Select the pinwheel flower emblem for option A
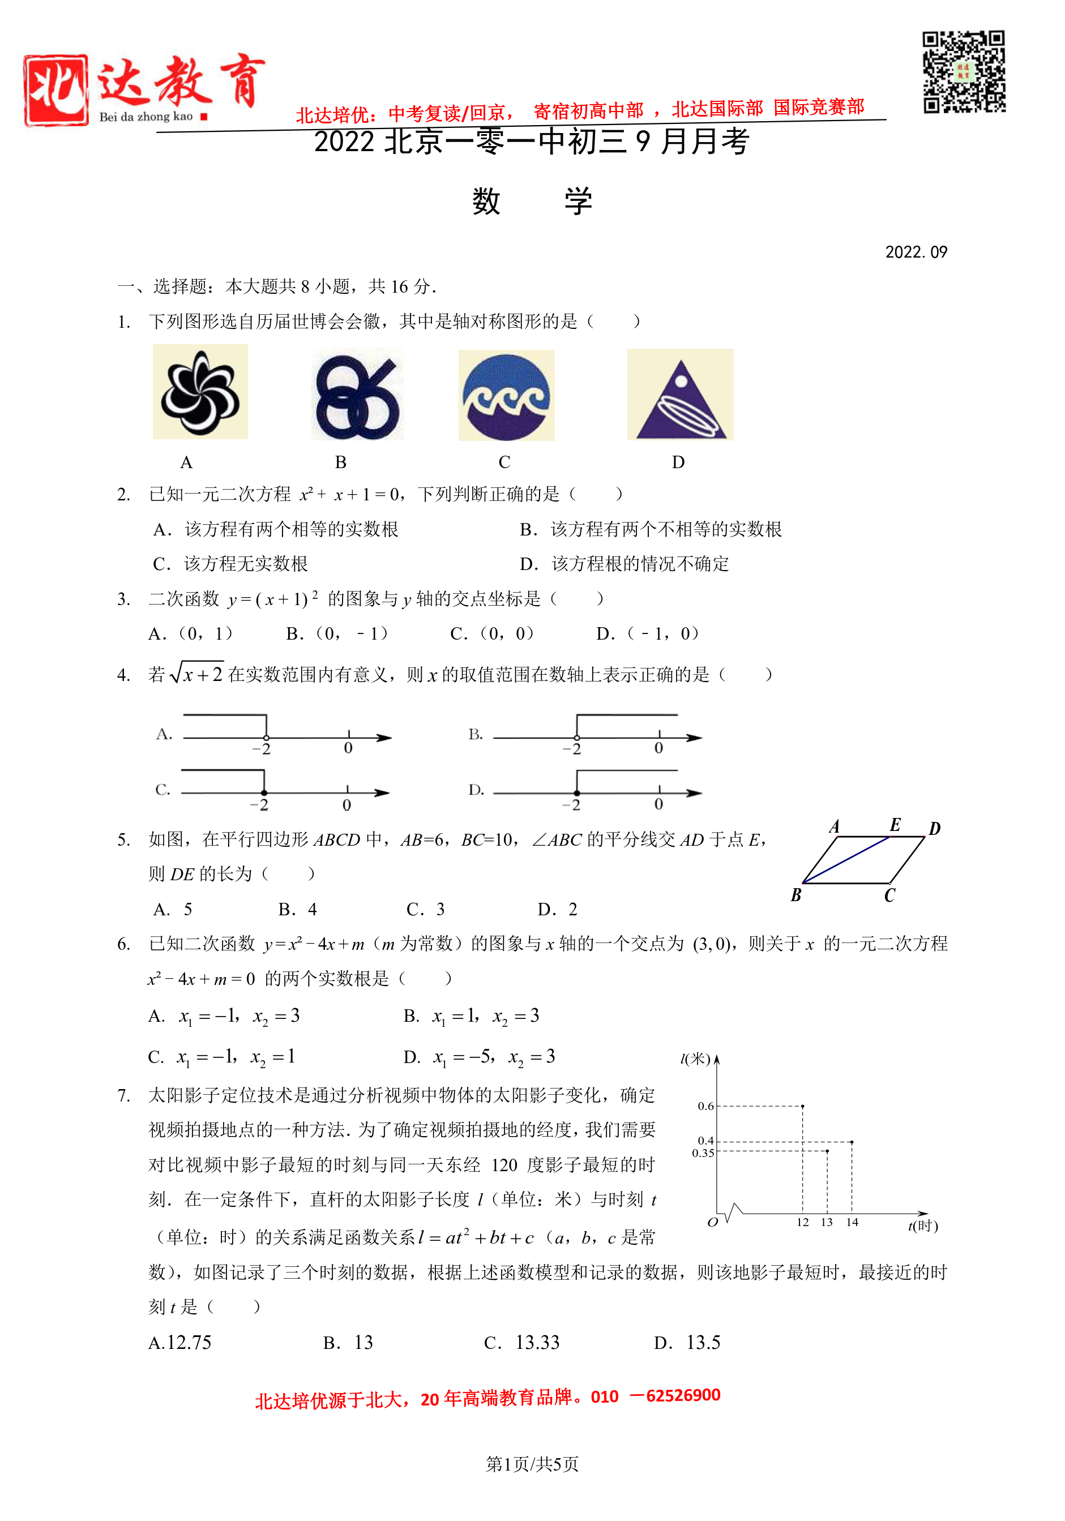tap(200, 392)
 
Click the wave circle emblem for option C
tap(506, 396)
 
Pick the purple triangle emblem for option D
tap(681, 396)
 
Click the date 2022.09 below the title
tap(916, 252)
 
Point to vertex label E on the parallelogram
tap(895, 825)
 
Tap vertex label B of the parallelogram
tap(796, 896)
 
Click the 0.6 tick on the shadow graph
tap(706, 1106)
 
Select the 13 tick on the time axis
tap(827, 1223)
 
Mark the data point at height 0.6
tap(802, 1106)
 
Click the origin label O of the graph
tap(712, 1223)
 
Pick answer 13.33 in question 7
tap(537, 1342)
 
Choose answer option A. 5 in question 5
tap(173, 910)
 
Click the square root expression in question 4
tap(197, 674)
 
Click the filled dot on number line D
tap(576, 793)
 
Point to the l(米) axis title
tap(695, 1059)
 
